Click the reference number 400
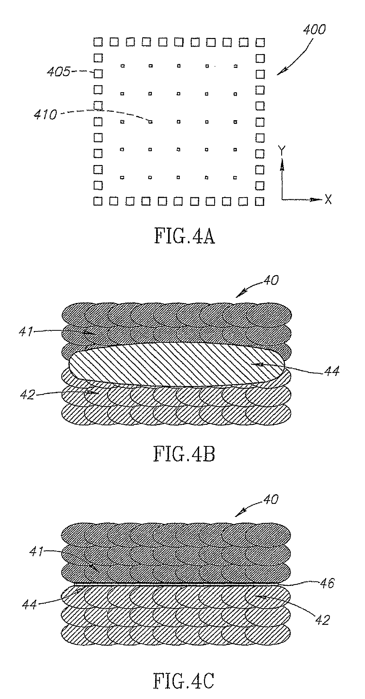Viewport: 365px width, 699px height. point(314,29)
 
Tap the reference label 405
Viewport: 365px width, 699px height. point(59,72)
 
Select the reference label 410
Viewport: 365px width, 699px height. point(46,114)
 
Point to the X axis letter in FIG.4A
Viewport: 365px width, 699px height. point(328,200)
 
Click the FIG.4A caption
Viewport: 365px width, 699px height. point(185,236)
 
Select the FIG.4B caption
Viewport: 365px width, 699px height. point(184,454)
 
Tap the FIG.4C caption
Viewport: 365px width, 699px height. point(184,681)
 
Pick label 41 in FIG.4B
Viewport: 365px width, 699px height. point(26,332)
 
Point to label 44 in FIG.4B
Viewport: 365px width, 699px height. point(332,371)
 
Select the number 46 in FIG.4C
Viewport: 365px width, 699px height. point(327,583)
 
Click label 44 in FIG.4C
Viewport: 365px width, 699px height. point(29,604)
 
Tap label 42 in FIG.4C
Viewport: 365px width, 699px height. point(322,620)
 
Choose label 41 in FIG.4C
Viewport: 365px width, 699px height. point(36,551)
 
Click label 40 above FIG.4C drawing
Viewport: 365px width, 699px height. point(271,499)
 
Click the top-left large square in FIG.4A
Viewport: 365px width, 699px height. point(98,42)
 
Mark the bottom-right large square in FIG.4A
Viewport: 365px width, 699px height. point(260,201)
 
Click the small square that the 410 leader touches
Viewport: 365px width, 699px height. point(151,122)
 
